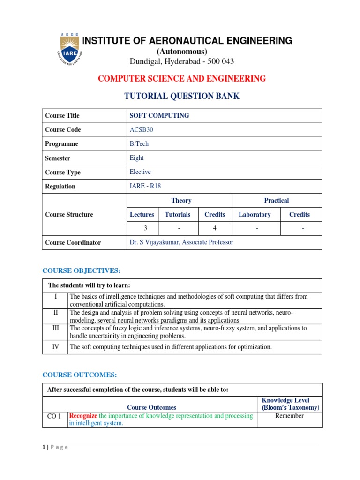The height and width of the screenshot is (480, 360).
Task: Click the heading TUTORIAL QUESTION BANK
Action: [181, 96]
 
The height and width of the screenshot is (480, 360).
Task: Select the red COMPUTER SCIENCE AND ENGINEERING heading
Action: [181, 78]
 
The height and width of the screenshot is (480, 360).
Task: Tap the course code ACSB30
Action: [141, 130]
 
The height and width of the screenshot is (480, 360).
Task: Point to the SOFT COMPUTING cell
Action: [159, 116]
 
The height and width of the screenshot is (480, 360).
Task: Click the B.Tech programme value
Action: [139, 144]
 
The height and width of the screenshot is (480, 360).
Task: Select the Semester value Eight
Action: [137, 158]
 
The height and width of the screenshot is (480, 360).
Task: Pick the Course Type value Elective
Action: [140, 172]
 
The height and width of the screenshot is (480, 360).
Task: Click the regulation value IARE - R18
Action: [145, 186]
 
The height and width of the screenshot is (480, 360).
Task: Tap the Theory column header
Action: [181, 200]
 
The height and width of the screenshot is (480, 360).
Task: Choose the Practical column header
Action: [276, 200]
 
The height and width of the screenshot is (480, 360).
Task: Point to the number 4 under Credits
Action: [215, 228]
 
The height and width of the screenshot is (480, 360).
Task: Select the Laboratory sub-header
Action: [255, 214]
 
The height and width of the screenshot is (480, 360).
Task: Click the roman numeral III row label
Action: [55, 329]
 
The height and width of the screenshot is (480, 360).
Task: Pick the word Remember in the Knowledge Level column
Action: [290, 416]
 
